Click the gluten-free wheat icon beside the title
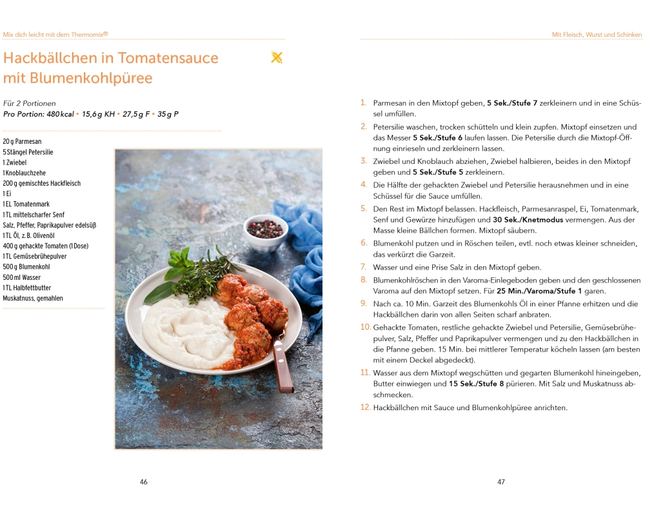point(277,58)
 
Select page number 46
point(143,482)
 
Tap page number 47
point(501,482)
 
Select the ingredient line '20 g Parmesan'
point(22,141)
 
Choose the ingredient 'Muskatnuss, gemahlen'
point(33,298)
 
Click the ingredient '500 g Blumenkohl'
point(26,266)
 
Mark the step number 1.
point(363,103)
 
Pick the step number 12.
point(365,407)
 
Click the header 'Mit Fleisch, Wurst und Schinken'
point(597,34)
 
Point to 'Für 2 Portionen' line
point(30,103)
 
